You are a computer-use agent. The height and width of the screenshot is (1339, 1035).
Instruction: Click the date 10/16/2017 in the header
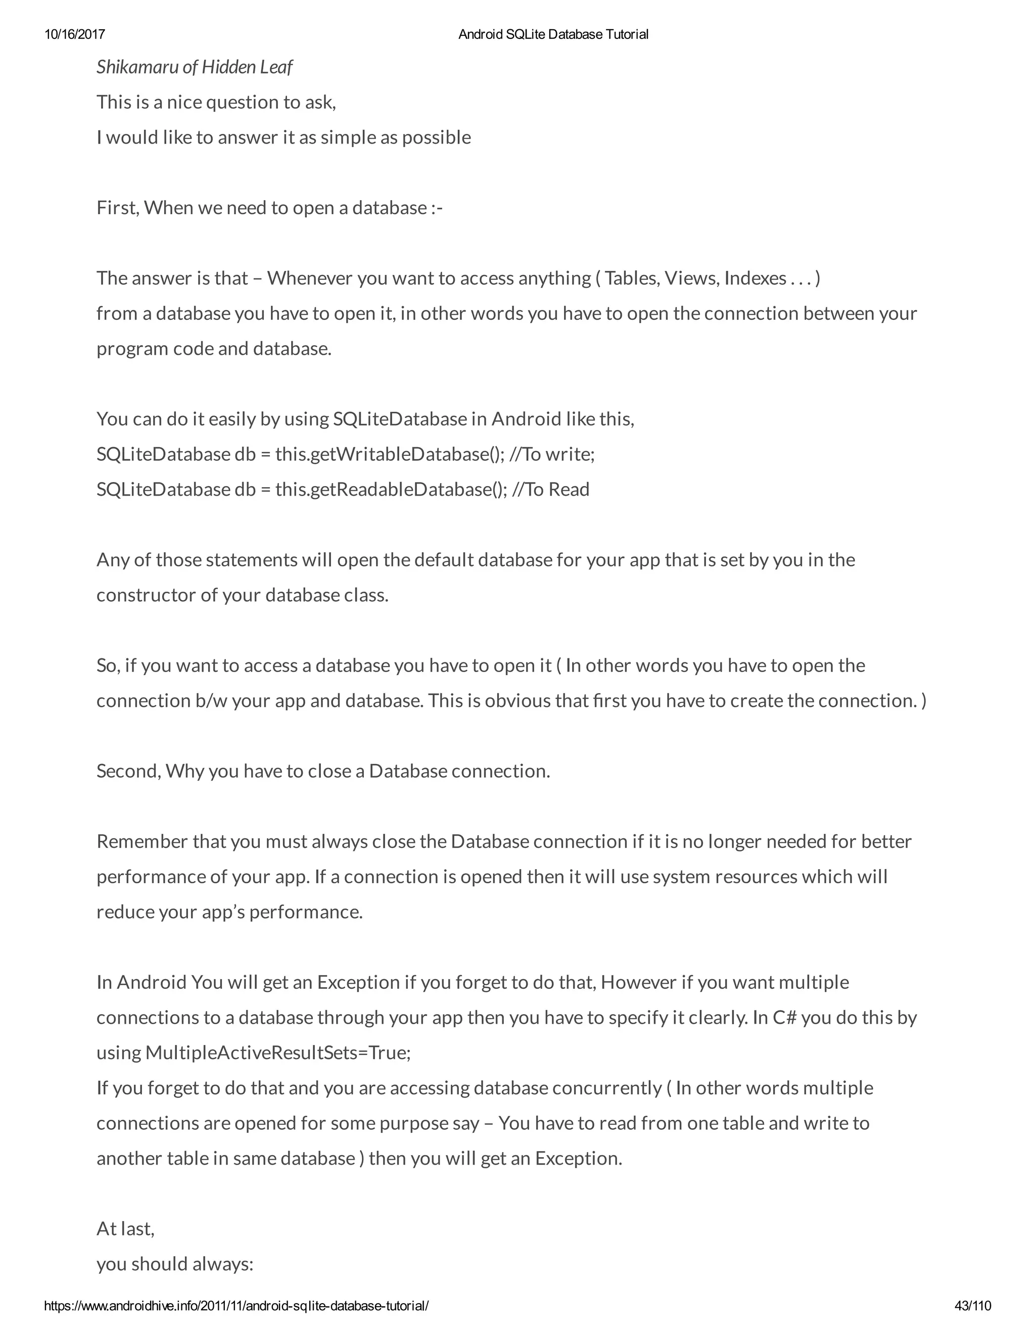click(74, 34)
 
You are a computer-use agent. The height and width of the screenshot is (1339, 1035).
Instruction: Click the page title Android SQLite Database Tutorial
click(553, 34)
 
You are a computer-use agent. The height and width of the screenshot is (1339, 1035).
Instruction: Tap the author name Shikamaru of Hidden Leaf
click(195, 67)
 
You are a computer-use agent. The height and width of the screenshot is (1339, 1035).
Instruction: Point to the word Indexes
click(755, 278)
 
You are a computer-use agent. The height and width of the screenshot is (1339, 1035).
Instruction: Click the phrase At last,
click(126, 1229)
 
